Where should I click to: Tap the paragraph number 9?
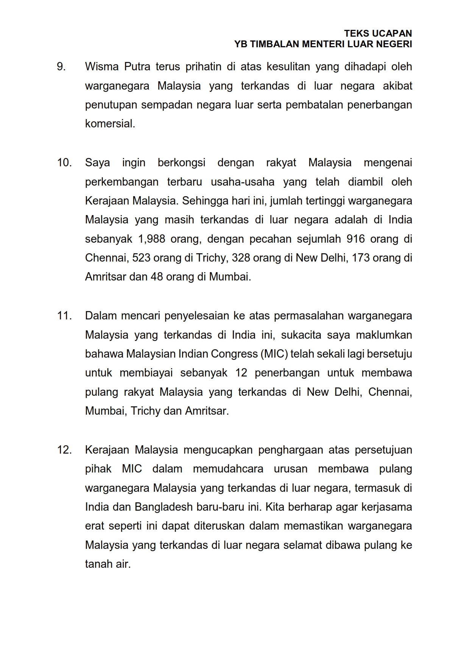coord(61,67)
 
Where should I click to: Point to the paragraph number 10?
coord(64,163)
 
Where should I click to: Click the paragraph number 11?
coord(64,316)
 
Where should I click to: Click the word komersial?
coord(110,124)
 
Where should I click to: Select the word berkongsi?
coord(181,163)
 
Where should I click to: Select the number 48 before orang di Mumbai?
coord(157,277)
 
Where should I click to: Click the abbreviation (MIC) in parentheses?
coord(274,354)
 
